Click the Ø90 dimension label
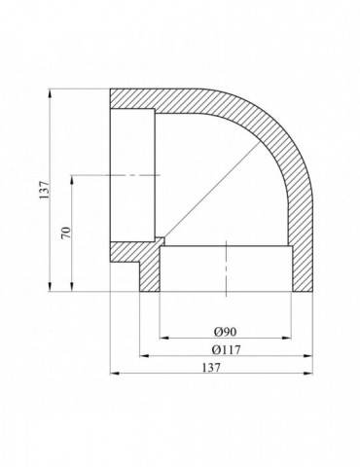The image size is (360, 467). [x=226, y=331]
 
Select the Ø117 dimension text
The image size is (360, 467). [x=226, y=349]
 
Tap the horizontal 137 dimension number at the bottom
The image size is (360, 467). [x=211, y=368]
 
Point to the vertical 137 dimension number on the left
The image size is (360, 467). [x=44, y=190]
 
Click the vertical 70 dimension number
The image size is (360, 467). [x=66, y=233]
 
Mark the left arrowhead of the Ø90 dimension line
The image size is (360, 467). [x=164, y=338]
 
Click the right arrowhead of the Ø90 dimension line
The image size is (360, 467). [x=287, y=338]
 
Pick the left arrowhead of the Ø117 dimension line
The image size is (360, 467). [x=144, y=356]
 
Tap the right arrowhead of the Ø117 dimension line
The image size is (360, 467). [x=308, y=356]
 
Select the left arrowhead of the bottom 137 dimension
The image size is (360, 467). [x=115, y=374]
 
